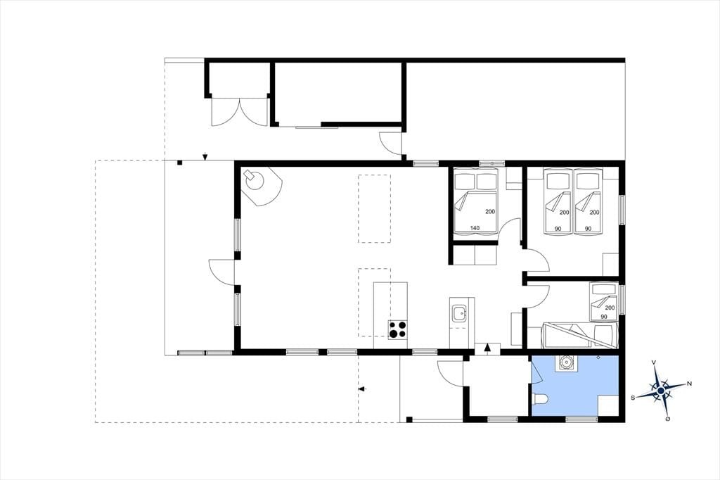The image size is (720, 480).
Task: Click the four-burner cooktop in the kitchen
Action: (x=398, y=329)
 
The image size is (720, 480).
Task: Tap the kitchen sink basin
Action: (x=458, y=315)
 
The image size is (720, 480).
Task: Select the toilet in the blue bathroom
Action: (x=538, y=400)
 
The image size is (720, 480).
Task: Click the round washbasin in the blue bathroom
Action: (x=567, y=363)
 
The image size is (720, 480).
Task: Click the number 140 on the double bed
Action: (x=475, y=228)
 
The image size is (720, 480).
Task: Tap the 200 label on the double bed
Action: (x=490, y=212)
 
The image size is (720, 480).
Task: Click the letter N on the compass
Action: (x=689, y=384)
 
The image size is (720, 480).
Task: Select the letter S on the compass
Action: (x=633, y=398)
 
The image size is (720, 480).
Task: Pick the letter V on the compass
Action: (x=654, y=362)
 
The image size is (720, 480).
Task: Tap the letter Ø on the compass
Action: (x=668, y=418)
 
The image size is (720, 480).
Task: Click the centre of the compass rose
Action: (x=661, y=391)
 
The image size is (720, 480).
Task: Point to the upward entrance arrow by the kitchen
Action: (x=488, y=349)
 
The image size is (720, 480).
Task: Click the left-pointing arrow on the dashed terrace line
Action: (x=363, y=389)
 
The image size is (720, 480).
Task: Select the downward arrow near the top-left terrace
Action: (x=205, y=156)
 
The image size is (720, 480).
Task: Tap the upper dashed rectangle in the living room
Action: (x=374, y=208)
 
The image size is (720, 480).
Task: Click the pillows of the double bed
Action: (x=475, y=181)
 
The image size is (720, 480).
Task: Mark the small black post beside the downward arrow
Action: (x=180, y=163)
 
